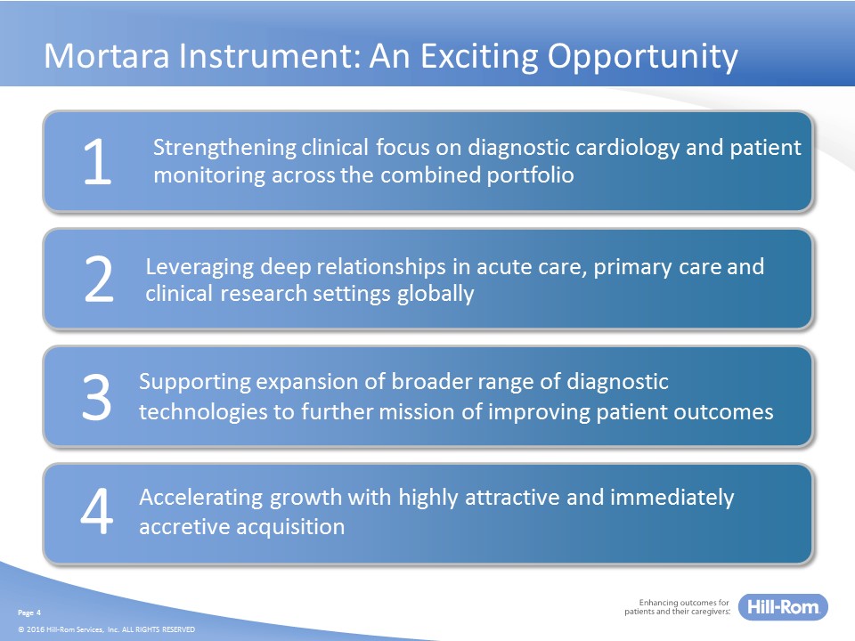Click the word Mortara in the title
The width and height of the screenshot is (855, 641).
[107, 55]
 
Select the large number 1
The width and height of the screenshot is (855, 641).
[98, 161]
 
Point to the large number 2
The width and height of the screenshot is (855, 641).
[99, 279]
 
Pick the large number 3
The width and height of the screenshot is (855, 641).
[97, 396]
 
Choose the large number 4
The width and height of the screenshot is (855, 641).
[97, 511]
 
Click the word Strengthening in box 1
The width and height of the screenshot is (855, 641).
[224, 149]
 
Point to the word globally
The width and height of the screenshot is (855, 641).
[436, 294]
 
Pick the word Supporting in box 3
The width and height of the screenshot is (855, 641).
[195, 383]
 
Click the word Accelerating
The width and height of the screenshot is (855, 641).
[201, 499]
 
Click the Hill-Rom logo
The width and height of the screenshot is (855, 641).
[783, 606]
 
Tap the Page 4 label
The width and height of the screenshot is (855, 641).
[29, 613]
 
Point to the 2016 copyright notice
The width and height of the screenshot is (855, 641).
[106, 629]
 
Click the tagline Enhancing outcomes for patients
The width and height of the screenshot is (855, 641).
[677, 607]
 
